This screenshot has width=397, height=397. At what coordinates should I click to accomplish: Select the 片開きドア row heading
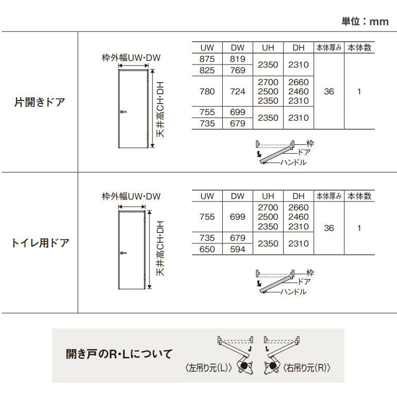click(x=39, y=102)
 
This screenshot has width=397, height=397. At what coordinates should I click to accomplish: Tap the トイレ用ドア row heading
click(x=40, y=242)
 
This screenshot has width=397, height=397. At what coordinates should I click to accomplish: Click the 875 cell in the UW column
click(x=207, y=59)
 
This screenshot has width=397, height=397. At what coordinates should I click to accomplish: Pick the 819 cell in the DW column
click(x=237, y=59)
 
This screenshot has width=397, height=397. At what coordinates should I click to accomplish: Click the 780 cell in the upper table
click(x=207, y=92)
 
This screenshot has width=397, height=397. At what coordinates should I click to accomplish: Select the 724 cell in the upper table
click(x=237, y=92)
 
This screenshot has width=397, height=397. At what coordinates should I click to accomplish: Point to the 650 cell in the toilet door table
click(x=207, y=250)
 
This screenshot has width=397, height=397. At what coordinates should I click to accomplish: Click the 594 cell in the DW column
click(x=237, y=250)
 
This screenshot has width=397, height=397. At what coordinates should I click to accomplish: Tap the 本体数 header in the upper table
click(x=359, y=48)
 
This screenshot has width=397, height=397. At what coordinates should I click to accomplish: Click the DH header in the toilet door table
click(x=299, y=196)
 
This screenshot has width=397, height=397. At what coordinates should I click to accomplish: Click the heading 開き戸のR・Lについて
click(x=119, y=355)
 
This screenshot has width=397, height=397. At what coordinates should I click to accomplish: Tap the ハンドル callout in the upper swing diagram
click(x=293, y=162)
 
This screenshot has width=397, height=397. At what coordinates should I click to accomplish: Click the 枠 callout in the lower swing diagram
click(x=310, y=272)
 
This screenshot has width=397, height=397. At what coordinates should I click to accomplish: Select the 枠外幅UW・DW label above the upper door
click(x=131, y=58)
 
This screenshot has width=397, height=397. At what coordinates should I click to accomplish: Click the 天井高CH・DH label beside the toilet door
click(x=160, y=248)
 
